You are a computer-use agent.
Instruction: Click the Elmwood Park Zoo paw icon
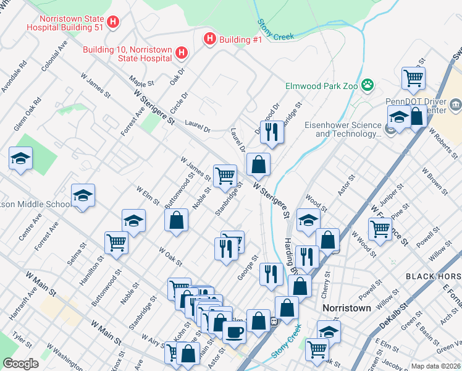[x=368, y=85]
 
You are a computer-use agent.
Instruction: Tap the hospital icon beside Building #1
[x=210, y=39]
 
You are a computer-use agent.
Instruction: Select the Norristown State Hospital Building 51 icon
[x=112, y=23]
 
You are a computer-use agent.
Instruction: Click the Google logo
[x=20, y=364]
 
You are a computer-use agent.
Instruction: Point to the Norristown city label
[x=346, y=307]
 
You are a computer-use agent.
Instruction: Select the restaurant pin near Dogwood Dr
[x=270, y=130]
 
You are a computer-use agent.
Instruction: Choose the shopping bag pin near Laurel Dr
[x=258, y=164]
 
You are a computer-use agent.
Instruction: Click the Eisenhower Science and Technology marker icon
[x=390, y=129]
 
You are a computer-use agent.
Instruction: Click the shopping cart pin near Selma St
[x=116, y=242]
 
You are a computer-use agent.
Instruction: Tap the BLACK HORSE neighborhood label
[x=433, y=276]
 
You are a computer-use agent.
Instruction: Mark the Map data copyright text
[x=435, y=366]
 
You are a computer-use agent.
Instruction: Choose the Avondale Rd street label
[x=14, y=77]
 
